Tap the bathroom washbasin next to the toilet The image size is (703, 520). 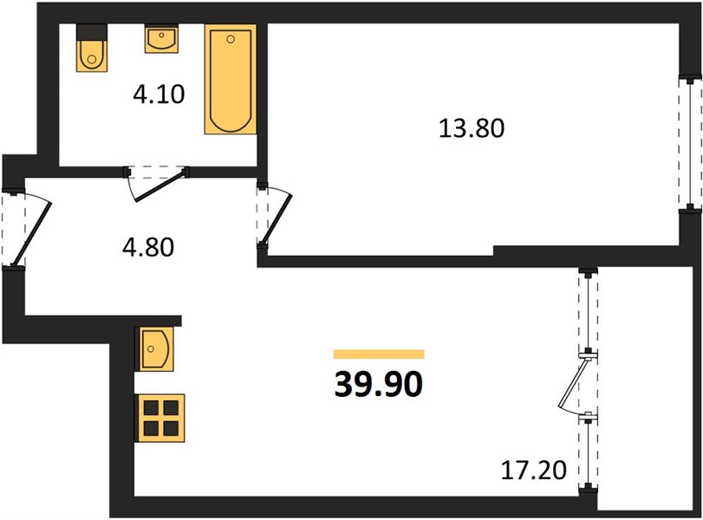161,38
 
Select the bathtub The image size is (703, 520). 231,79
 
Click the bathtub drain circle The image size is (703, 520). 231,40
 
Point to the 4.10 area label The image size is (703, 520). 159,94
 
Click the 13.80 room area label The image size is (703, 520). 472,127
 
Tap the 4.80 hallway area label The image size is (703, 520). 148,247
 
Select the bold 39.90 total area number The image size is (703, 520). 379,385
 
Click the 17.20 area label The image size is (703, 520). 533,471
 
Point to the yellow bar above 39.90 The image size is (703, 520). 379,354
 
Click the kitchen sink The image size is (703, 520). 156,348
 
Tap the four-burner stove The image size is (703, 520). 161,419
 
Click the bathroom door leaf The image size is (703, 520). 160,185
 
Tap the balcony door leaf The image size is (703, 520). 572,382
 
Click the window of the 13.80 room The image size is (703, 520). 690,144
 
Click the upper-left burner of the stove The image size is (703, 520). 152,408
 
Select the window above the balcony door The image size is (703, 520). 588,310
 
